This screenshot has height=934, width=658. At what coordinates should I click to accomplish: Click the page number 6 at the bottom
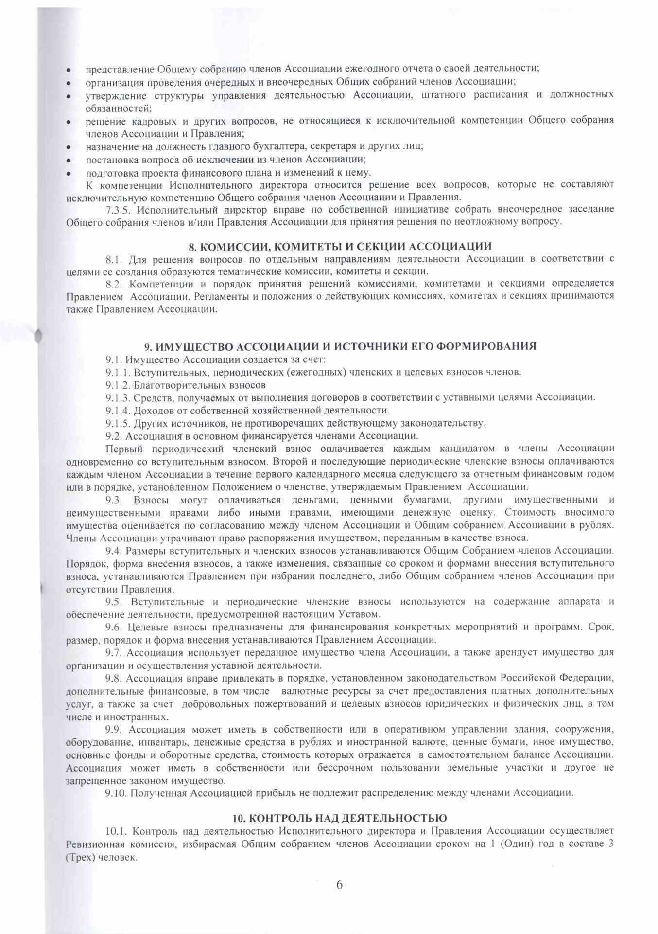(339, 885)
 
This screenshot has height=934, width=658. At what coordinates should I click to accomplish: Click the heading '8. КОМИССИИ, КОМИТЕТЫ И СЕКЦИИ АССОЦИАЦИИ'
(340, 246)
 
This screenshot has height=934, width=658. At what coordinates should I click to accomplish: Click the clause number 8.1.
(114, 259)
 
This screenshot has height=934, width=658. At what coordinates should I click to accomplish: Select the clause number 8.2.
(114, 283)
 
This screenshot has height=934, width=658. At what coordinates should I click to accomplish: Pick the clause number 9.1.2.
(118, 385)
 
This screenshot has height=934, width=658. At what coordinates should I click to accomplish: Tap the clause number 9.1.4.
(118, 410)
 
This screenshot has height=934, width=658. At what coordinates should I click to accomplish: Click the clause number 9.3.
(114, 500)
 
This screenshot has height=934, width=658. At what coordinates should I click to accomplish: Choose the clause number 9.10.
(116, 793)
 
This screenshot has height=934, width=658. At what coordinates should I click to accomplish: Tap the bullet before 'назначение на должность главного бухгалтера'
(70, 147)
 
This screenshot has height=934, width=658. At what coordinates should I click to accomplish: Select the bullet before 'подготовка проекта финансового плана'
(70, 173)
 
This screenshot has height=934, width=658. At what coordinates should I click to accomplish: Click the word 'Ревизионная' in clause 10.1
(93, 844)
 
